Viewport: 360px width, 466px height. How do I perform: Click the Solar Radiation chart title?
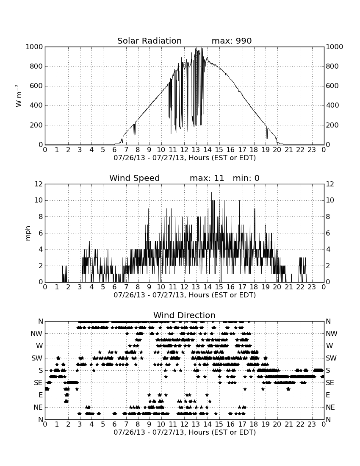[150, 41]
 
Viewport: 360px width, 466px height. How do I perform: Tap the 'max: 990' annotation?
[232, 41]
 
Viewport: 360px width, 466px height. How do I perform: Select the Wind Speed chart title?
[135, 178]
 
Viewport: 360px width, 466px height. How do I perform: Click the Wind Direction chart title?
[185, 315]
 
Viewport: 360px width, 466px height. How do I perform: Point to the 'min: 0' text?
[246, 178]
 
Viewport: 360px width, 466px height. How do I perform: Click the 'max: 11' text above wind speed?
[207, 178]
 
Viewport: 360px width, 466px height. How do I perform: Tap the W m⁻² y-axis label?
[18, 96]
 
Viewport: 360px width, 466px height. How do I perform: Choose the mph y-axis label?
[28, 233]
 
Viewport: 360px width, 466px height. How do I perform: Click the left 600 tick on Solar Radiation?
[36, 86]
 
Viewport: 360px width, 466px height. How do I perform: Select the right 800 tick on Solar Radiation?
[332, 66]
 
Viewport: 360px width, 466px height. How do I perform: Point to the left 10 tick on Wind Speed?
[39, 200]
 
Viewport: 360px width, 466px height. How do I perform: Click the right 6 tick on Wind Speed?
[328, 233]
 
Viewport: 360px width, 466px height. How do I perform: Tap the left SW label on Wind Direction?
[37, 358]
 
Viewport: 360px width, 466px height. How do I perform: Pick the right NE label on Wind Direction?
[330, 408]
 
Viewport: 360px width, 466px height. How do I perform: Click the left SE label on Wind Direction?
[38, 383]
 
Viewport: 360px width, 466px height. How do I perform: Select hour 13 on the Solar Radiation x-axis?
[196, 150]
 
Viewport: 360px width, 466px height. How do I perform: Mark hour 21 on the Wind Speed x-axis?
[289, 287]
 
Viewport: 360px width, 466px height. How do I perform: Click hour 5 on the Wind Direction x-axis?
[103, 424]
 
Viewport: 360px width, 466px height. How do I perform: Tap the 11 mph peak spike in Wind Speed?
[211, 193]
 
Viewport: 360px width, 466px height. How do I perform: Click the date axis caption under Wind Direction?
[185, 432]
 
